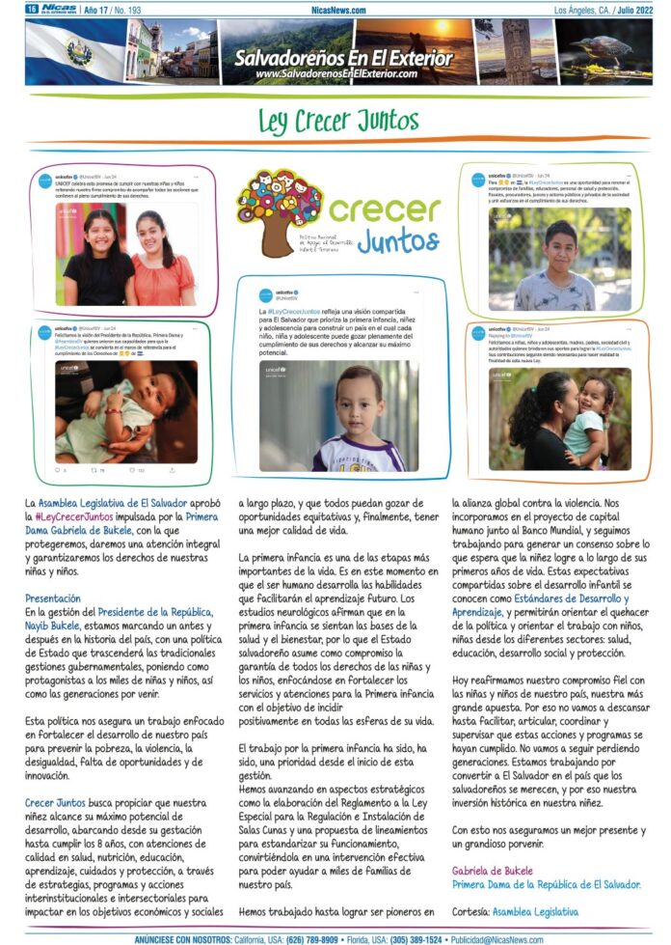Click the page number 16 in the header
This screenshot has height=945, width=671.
[32, 9]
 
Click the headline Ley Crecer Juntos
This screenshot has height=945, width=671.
[337, 121]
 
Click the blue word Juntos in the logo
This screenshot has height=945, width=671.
[397, 239]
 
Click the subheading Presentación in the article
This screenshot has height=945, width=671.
[53, 598]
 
